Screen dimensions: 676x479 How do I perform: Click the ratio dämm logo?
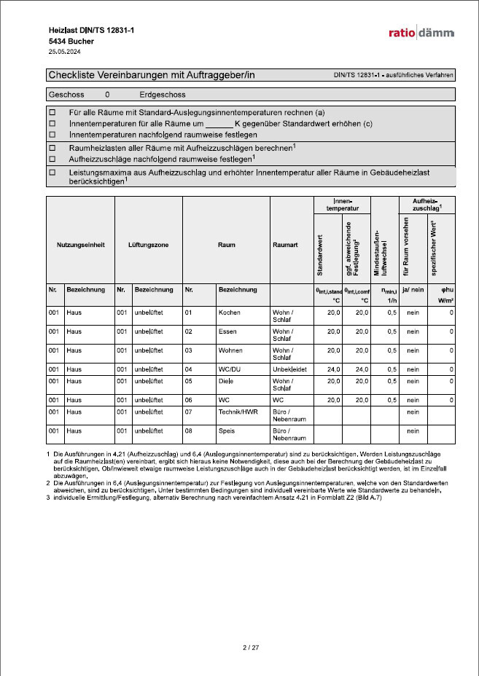(421, 33)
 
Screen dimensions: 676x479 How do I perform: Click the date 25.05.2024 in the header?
(64, 52)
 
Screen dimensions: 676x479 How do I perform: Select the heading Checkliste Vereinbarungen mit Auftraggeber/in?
(151, 75)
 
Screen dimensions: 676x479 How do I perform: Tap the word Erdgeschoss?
(163, 95)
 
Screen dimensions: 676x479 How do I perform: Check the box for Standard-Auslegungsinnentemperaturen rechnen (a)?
(52, 113)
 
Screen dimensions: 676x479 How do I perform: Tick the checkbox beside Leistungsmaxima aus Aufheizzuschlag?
(52, 173)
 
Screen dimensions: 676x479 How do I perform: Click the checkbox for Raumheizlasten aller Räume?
(52, 148)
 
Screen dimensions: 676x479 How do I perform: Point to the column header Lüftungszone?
(148, 245)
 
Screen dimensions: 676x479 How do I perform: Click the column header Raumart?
(291, 245)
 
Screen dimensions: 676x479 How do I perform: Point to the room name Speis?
(227, 431)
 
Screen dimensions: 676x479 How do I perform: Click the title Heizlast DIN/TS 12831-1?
(91, 30)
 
